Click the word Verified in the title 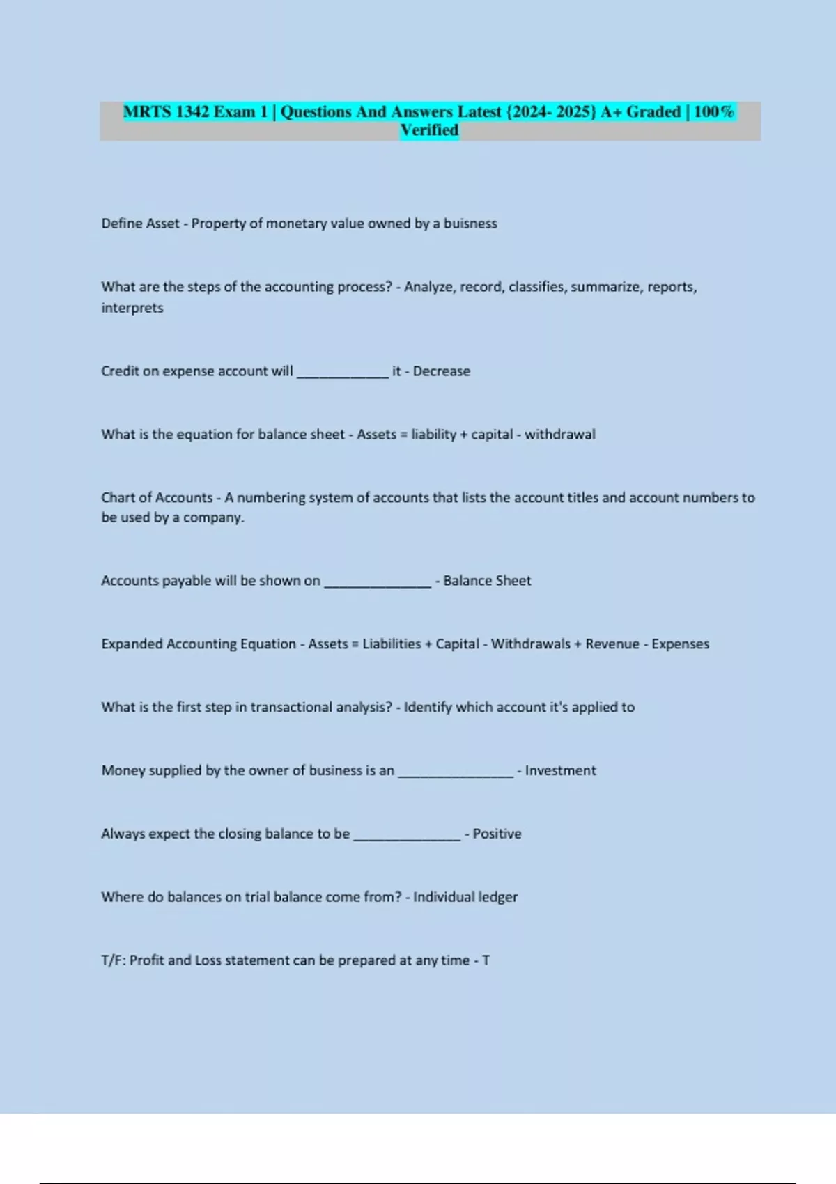429,130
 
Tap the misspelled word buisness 470,224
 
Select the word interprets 132,308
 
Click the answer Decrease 442,371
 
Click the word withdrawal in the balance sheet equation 560,435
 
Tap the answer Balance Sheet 487,581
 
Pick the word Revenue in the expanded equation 612,644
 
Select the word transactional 291,708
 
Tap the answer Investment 561,771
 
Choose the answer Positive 497,834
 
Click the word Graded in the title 653,111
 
